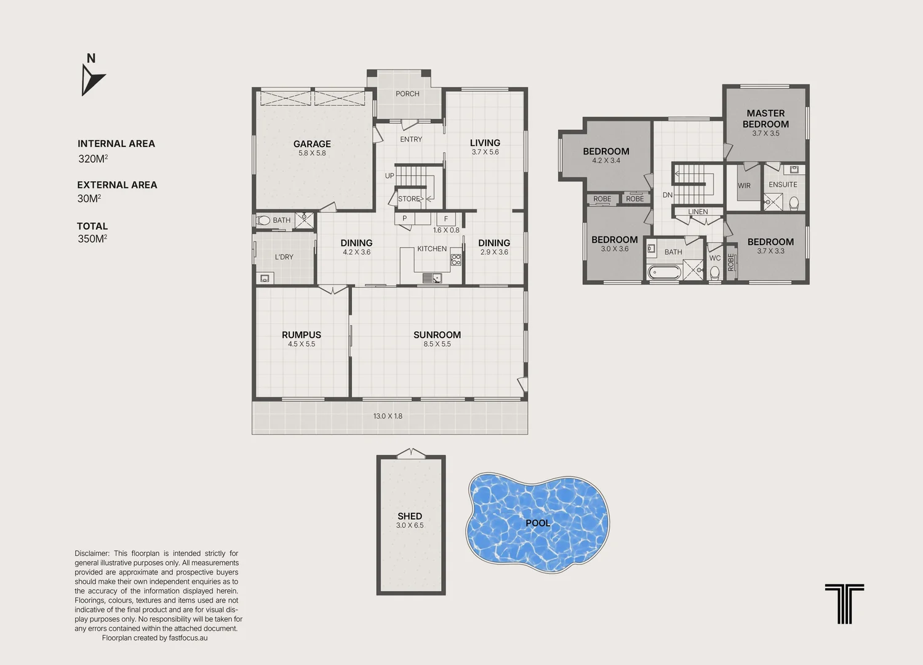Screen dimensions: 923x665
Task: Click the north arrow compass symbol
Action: pyautogui.click(x=92, y=80)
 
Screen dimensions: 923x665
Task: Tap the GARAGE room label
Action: pyautogui.click(x=312, y=144)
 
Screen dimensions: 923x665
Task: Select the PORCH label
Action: pyautogui.click(x=407, y=94)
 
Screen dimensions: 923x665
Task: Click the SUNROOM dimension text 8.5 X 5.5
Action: pyautogui.click(x=437, y=344)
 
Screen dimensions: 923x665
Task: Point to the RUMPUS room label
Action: pyautogui.click(x=302, y=335)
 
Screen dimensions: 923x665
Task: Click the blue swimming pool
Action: pyautogui.click(x=537, y=523)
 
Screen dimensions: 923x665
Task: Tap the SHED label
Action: pyautogui.click(x=410, y=516)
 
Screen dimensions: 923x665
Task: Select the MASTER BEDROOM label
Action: pyautogui.click(x=765, y=118)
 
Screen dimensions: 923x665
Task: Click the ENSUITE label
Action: pyautogui.click(x=783, y=185)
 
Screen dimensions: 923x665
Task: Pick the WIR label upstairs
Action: pyautogui.click(x=744, y=185)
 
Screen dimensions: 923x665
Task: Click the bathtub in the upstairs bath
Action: pyautogui.click(x=664, y=273)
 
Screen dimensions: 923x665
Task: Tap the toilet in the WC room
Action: pyautogui.click(x=715, y=273)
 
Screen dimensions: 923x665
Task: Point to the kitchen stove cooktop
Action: pyautogui.click(x=456, y=259)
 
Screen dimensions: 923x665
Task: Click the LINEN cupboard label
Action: pyautogui.click(x=698, y=211)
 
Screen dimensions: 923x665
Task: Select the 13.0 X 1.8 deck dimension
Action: pyautogui.click(x=388, y=416)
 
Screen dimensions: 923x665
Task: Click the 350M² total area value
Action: pyautogui.click(x=92, y=239)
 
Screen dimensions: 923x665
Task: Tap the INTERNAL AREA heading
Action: pyautogui.click(x=116, y=143)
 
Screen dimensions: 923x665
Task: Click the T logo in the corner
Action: pyautogui.click(x=844, y=603)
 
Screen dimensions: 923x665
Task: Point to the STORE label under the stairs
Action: pyautogui.click(x=409, y=199)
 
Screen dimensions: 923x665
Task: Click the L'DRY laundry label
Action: pyautogui.click(x=284, y=257)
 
